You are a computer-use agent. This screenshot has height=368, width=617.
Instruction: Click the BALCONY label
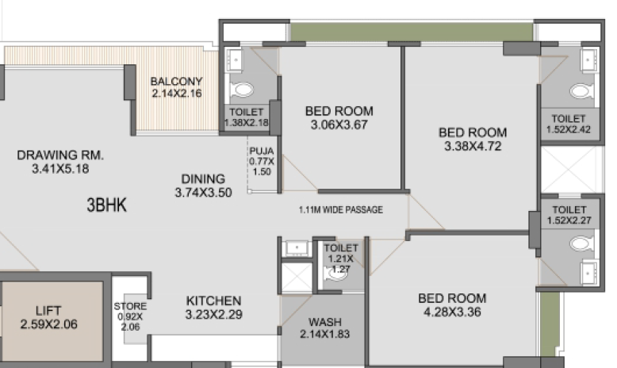[176, 81]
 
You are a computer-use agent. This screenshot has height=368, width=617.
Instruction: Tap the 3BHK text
[106, 205]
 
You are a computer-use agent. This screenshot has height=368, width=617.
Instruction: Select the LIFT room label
[48, 311]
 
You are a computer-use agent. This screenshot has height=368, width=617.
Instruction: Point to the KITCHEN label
[213, 301]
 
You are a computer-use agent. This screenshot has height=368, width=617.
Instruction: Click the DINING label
[203, 179]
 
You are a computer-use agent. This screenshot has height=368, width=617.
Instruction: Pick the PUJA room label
[261, 151]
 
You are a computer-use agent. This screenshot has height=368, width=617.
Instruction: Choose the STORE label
[130, 306]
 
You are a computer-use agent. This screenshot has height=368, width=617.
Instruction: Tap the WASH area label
[325, 322]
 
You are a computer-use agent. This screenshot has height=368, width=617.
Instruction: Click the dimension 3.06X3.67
[339, 125]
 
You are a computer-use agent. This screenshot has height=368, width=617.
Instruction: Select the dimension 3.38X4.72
[473, 146]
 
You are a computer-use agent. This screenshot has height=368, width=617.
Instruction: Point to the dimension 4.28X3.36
[452, 312]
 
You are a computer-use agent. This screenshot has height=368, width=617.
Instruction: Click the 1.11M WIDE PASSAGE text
[341, 210]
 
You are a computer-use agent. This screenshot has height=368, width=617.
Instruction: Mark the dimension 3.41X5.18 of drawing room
[60, 169]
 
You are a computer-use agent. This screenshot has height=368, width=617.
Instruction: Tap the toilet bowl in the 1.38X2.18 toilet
[243, 90]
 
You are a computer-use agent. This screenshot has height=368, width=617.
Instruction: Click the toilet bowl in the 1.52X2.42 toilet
[581, 91]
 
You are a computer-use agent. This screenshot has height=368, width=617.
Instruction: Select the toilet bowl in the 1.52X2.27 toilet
[581, 243]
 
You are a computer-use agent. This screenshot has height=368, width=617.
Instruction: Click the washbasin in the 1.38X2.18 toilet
[236, 60]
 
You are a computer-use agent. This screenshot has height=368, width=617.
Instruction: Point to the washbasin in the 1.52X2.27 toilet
[588, 271]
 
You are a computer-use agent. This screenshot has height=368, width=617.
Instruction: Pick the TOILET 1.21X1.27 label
[341, 259]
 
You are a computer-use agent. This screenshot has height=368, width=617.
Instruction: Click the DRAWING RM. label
[60, 155]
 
